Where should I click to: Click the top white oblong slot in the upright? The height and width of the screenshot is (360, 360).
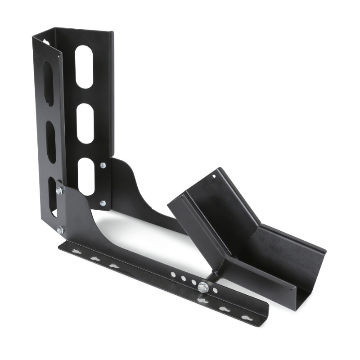click(84, 67)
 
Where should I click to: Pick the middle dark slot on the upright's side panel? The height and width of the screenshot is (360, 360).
click(51, 142)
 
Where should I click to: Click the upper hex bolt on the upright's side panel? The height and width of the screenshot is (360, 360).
click(59, 191)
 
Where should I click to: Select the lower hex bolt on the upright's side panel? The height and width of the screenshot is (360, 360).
click(60, 230)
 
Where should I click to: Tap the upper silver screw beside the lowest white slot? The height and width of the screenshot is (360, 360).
click(103, 166)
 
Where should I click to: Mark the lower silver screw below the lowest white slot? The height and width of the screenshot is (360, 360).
click(103, 203)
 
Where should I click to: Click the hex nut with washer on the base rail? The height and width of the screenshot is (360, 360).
click(203, 287)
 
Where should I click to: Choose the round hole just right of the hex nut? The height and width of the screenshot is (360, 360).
click(215, 290)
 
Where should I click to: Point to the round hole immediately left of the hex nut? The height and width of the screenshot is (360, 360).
click(193, 282)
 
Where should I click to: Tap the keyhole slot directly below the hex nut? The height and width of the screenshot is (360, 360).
click(202, 301)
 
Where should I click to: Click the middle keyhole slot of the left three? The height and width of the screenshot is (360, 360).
click(95, 259)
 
